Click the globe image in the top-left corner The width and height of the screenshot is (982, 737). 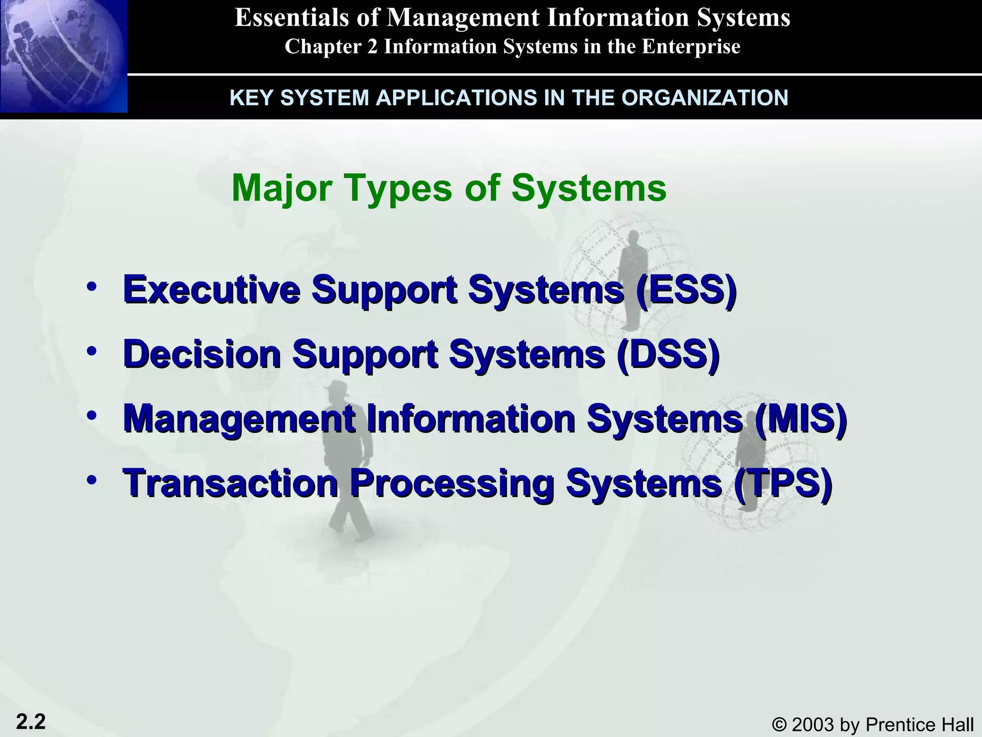click(63, 56)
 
